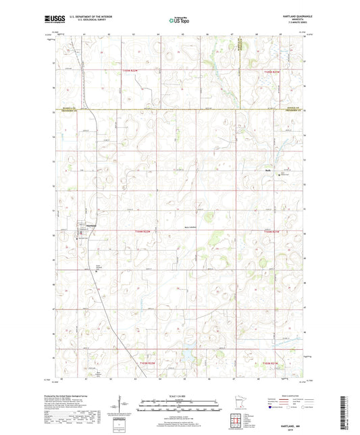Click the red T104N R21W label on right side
point(270,232)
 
